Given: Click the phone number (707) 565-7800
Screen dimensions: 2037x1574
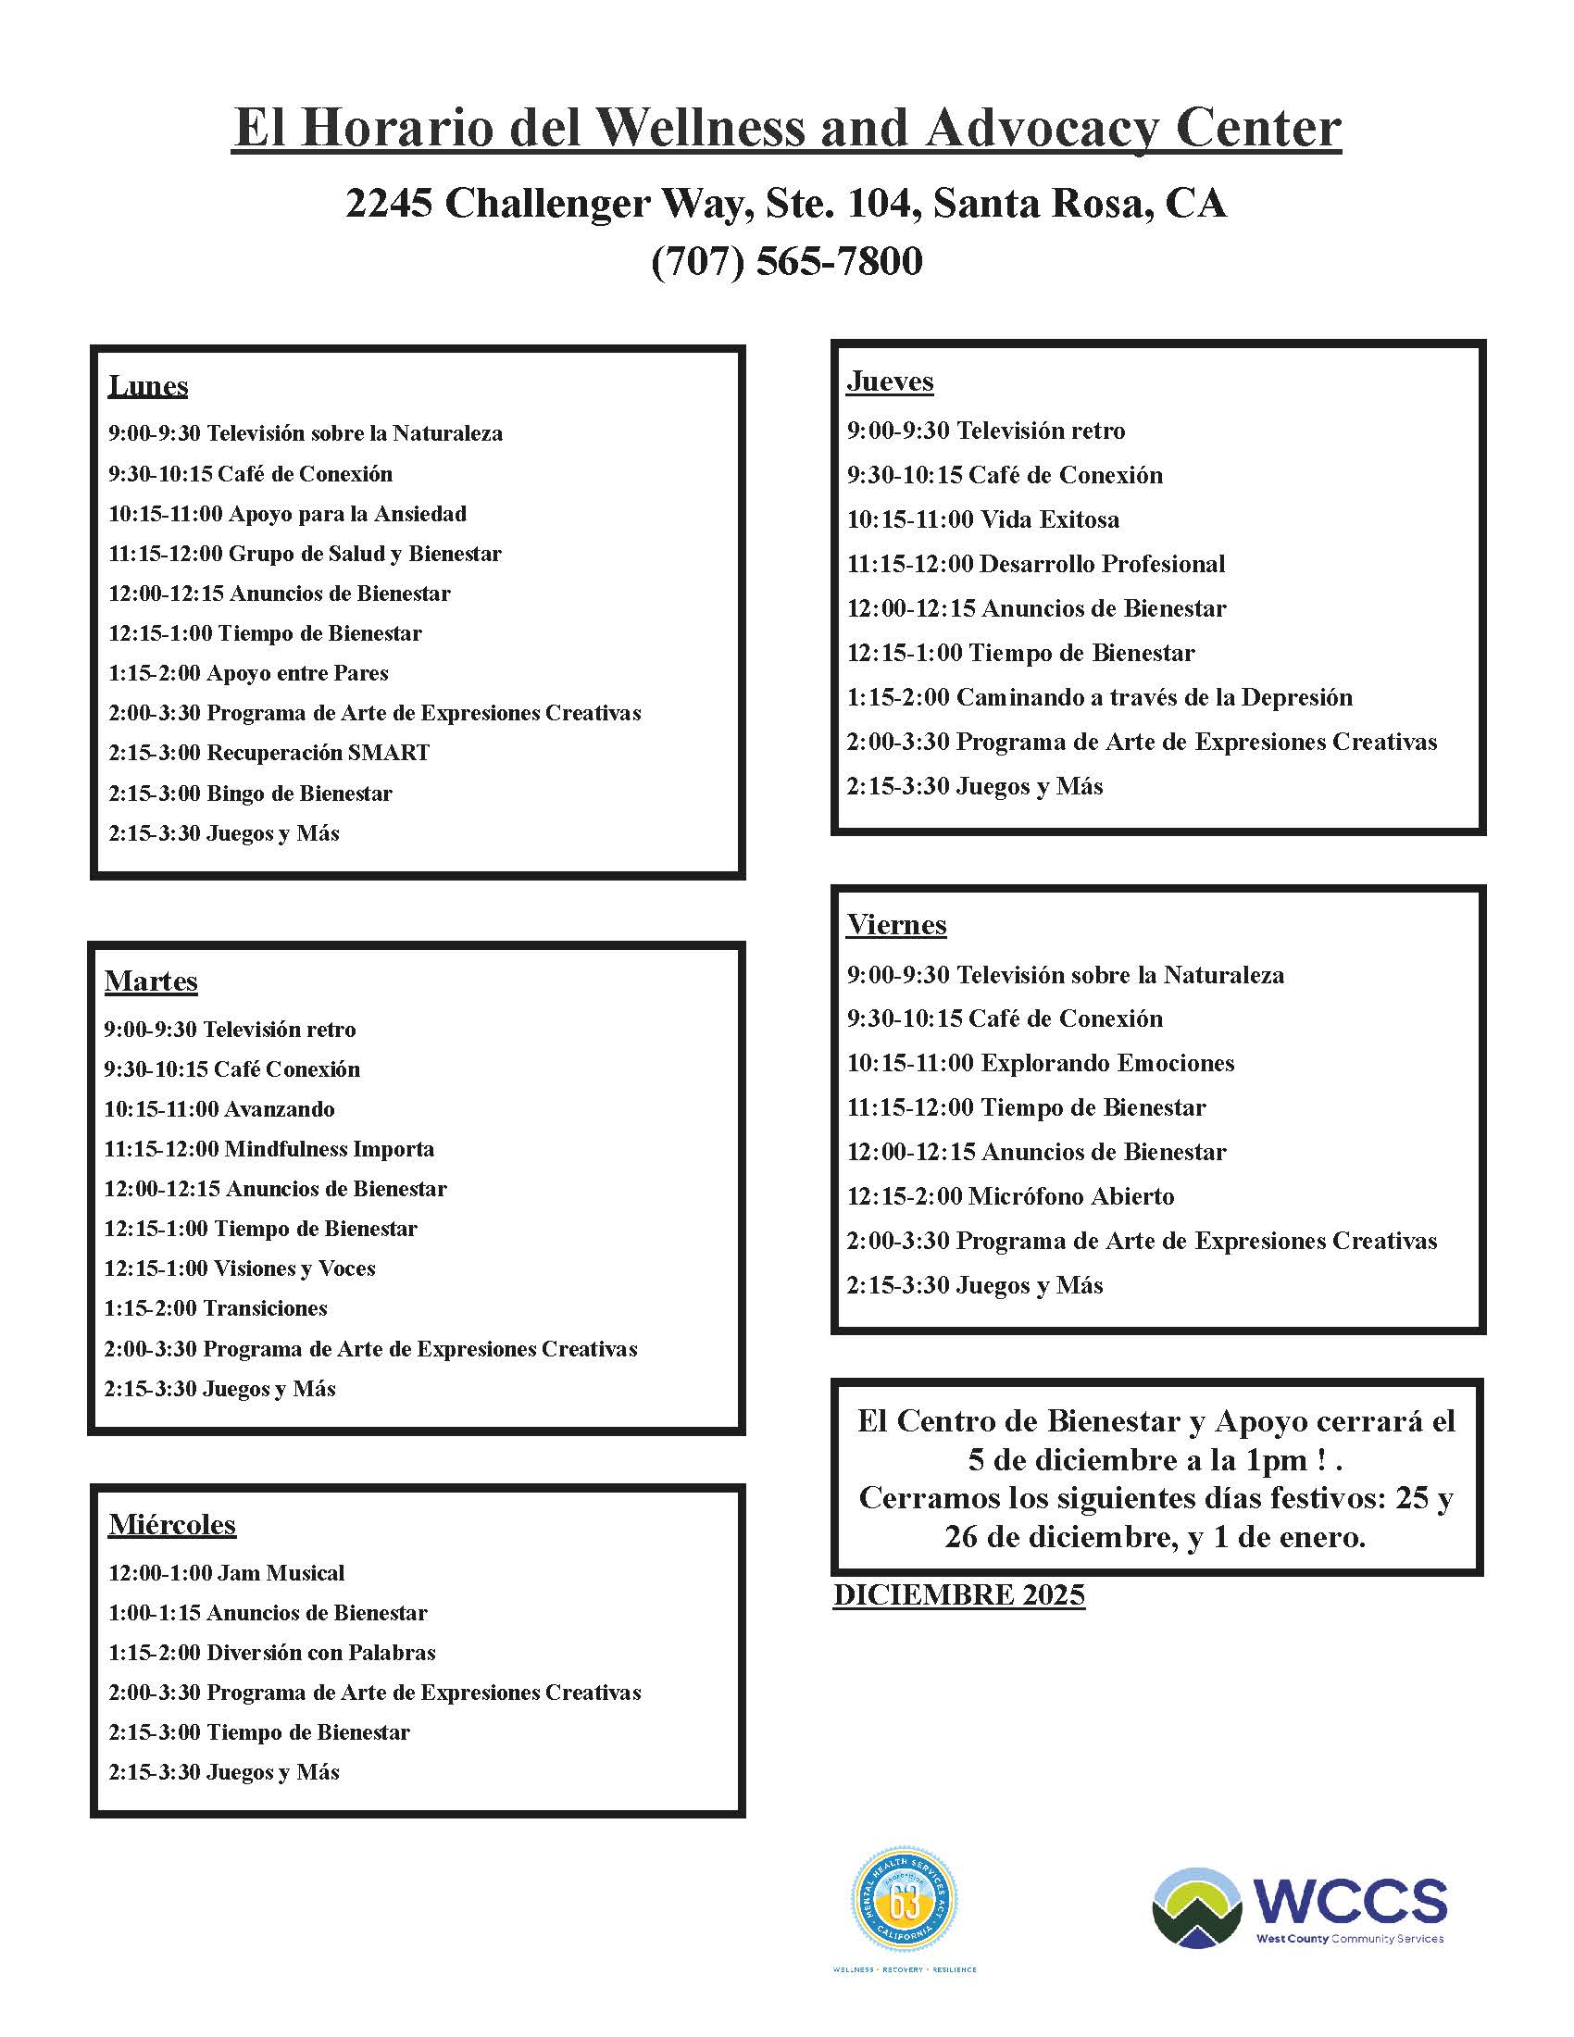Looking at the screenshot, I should [x=786, y=262].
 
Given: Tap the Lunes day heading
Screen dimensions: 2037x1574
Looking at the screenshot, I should [x=148, y=386].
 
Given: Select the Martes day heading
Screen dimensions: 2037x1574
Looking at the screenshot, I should [x=151, y=981].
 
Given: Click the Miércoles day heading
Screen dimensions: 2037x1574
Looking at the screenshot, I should [x=172, y=1524].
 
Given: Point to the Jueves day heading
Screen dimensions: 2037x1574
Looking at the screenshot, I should [x=890, y=381].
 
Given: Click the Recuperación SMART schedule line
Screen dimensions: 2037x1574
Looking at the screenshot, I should [x=269, y=753].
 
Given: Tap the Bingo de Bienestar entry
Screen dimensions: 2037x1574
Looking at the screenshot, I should [x=250, y=794].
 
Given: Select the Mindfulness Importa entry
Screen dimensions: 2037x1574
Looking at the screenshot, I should [x=269, y=1149].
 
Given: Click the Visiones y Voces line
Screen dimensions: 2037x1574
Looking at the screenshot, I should [x=240, y=1268].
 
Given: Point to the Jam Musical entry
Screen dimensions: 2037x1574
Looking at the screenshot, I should [x=227, y=1573].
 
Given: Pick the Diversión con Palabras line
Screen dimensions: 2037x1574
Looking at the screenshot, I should [x=272, y=1653].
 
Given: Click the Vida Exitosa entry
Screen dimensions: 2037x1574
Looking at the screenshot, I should [x=982, y=519].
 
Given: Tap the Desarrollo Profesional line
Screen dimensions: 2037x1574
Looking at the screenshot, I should [x=1035, y=564].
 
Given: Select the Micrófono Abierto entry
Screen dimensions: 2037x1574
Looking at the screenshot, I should [x=1010, y=1196].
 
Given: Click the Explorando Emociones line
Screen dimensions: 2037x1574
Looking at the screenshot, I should [x=1040, y=1063].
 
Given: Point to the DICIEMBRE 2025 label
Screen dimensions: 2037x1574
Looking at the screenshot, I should [x=958, y=1596].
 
